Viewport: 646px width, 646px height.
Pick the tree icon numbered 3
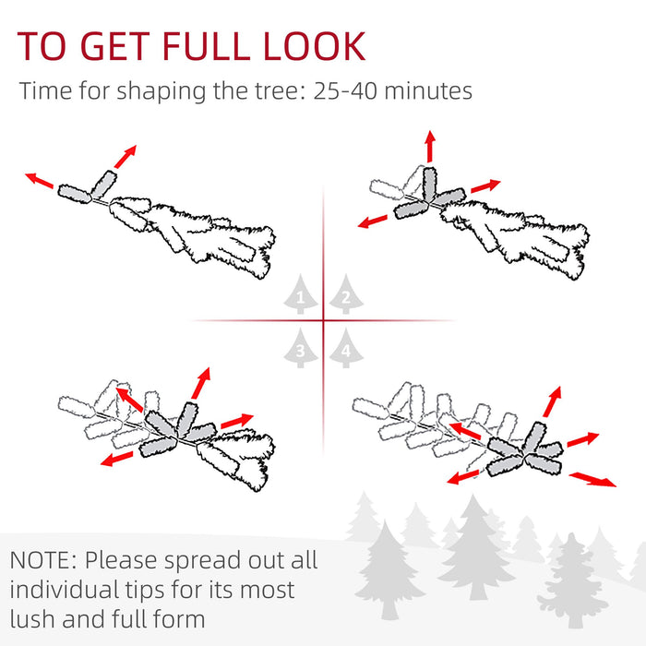pos(299,348)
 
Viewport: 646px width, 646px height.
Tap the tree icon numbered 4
pos(344,349)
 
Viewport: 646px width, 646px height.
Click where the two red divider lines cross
pos(323,321)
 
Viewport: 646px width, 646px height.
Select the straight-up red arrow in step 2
pos(429,148)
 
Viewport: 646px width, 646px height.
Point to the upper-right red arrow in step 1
pos(125,156)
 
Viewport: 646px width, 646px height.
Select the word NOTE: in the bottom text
pos(44,560)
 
